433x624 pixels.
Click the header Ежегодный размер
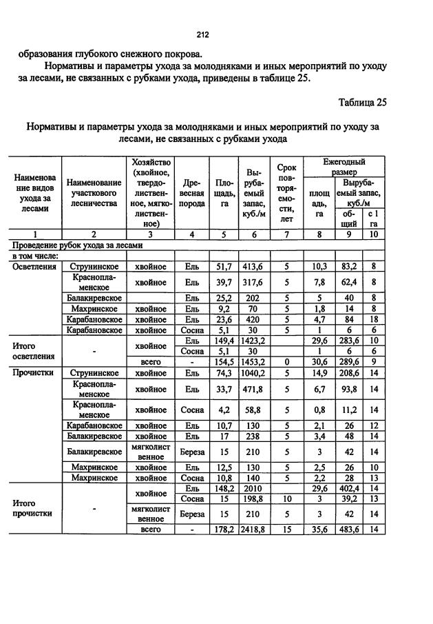(344, 165)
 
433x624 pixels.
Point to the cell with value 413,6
(254, 265)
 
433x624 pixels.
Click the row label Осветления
(34, 265)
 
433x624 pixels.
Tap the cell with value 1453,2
(254, 361)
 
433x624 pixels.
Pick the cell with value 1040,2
(254, 372)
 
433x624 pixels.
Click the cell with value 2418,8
(254, 529)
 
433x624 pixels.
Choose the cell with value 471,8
(254, 388)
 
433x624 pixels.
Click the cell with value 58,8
(254, 410)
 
